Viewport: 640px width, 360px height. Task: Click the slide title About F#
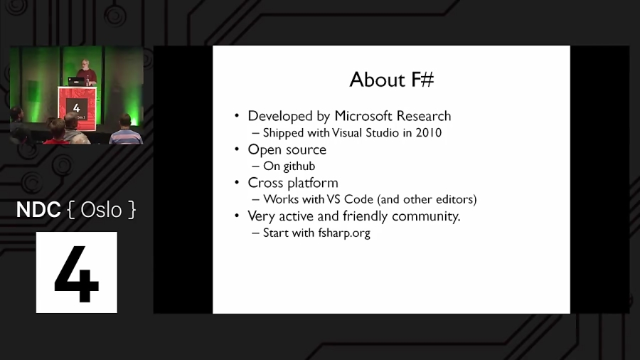391,80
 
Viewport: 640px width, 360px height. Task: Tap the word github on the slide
299,166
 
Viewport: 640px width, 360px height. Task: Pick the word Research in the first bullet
424,116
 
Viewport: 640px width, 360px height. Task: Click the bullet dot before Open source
238,150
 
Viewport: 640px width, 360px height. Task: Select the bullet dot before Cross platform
238,184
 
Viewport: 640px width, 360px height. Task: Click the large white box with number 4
77,272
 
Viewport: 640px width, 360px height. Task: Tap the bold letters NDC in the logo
39,210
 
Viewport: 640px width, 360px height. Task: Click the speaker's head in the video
85,64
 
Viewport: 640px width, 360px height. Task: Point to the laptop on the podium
75,81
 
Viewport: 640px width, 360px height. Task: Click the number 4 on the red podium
76,106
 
